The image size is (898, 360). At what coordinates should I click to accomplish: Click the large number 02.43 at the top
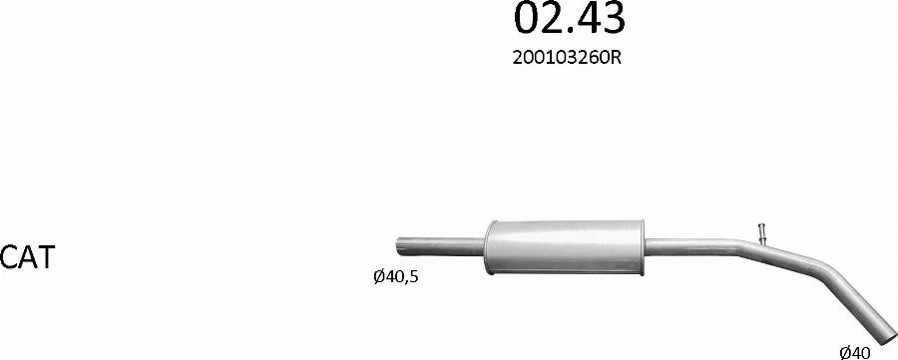point(570,18)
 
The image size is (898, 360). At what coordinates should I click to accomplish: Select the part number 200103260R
point(567,59)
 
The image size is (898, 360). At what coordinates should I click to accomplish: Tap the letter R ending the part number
point(617,59)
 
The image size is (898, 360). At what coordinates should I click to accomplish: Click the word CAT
point(27,257)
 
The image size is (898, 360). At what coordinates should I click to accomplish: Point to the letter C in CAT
point(9,257)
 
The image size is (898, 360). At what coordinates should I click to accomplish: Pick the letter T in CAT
point(45,257)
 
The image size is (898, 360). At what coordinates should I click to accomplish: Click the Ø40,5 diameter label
point(396,277)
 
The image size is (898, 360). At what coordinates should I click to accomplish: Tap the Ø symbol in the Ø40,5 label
point(378,277)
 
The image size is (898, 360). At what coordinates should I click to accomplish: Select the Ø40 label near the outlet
point(855,351)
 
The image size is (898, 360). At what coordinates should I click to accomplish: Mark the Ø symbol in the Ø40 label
point(845,351)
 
